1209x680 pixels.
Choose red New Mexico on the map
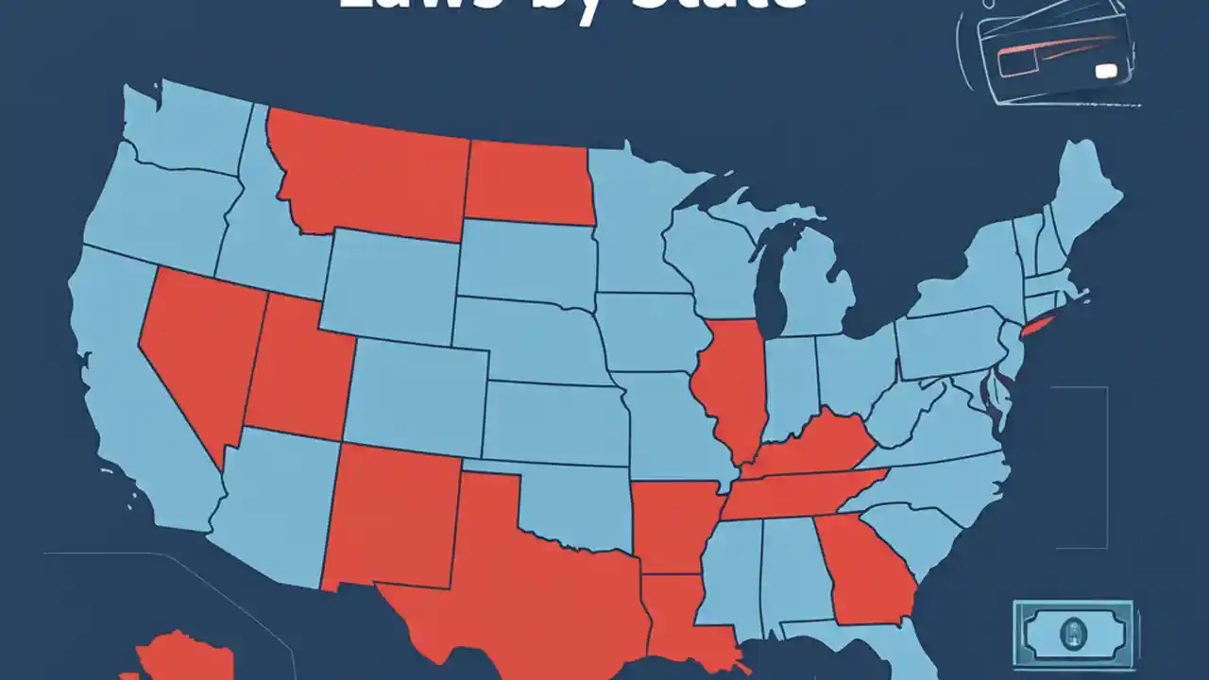(x=392, y=515)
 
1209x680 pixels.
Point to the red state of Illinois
(x=727, y=387)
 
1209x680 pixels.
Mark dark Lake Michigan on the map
(x=775, y=274)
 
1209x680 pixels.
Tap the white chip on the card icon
(x=1102, y=71)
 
